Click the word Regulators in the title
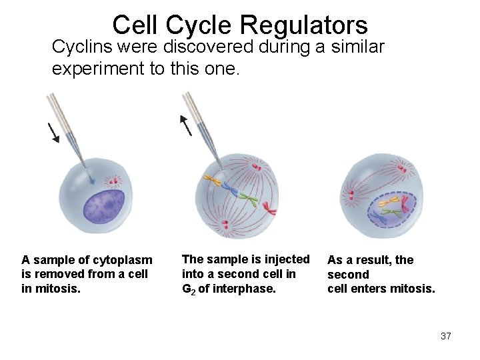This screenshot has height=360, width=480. click(x=303, y=25)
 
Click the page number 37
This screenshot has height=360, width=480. click(x=446, y=336)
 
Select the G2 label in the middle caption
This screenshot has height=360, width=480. click(x=189, y=289)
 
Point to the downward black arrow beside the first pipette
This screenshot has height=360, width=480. click(x=53, y=133)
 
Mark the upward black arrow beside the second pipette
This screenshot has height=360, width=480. click(x=186, y=124)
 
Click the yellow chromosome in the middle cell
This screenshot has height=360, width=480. click(x=213, y=179)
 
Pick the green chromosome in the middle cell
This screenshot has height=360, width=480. click(x=248, y=199)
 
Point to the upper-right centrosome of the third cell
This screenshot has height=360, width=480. click(x=401, y=164)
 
